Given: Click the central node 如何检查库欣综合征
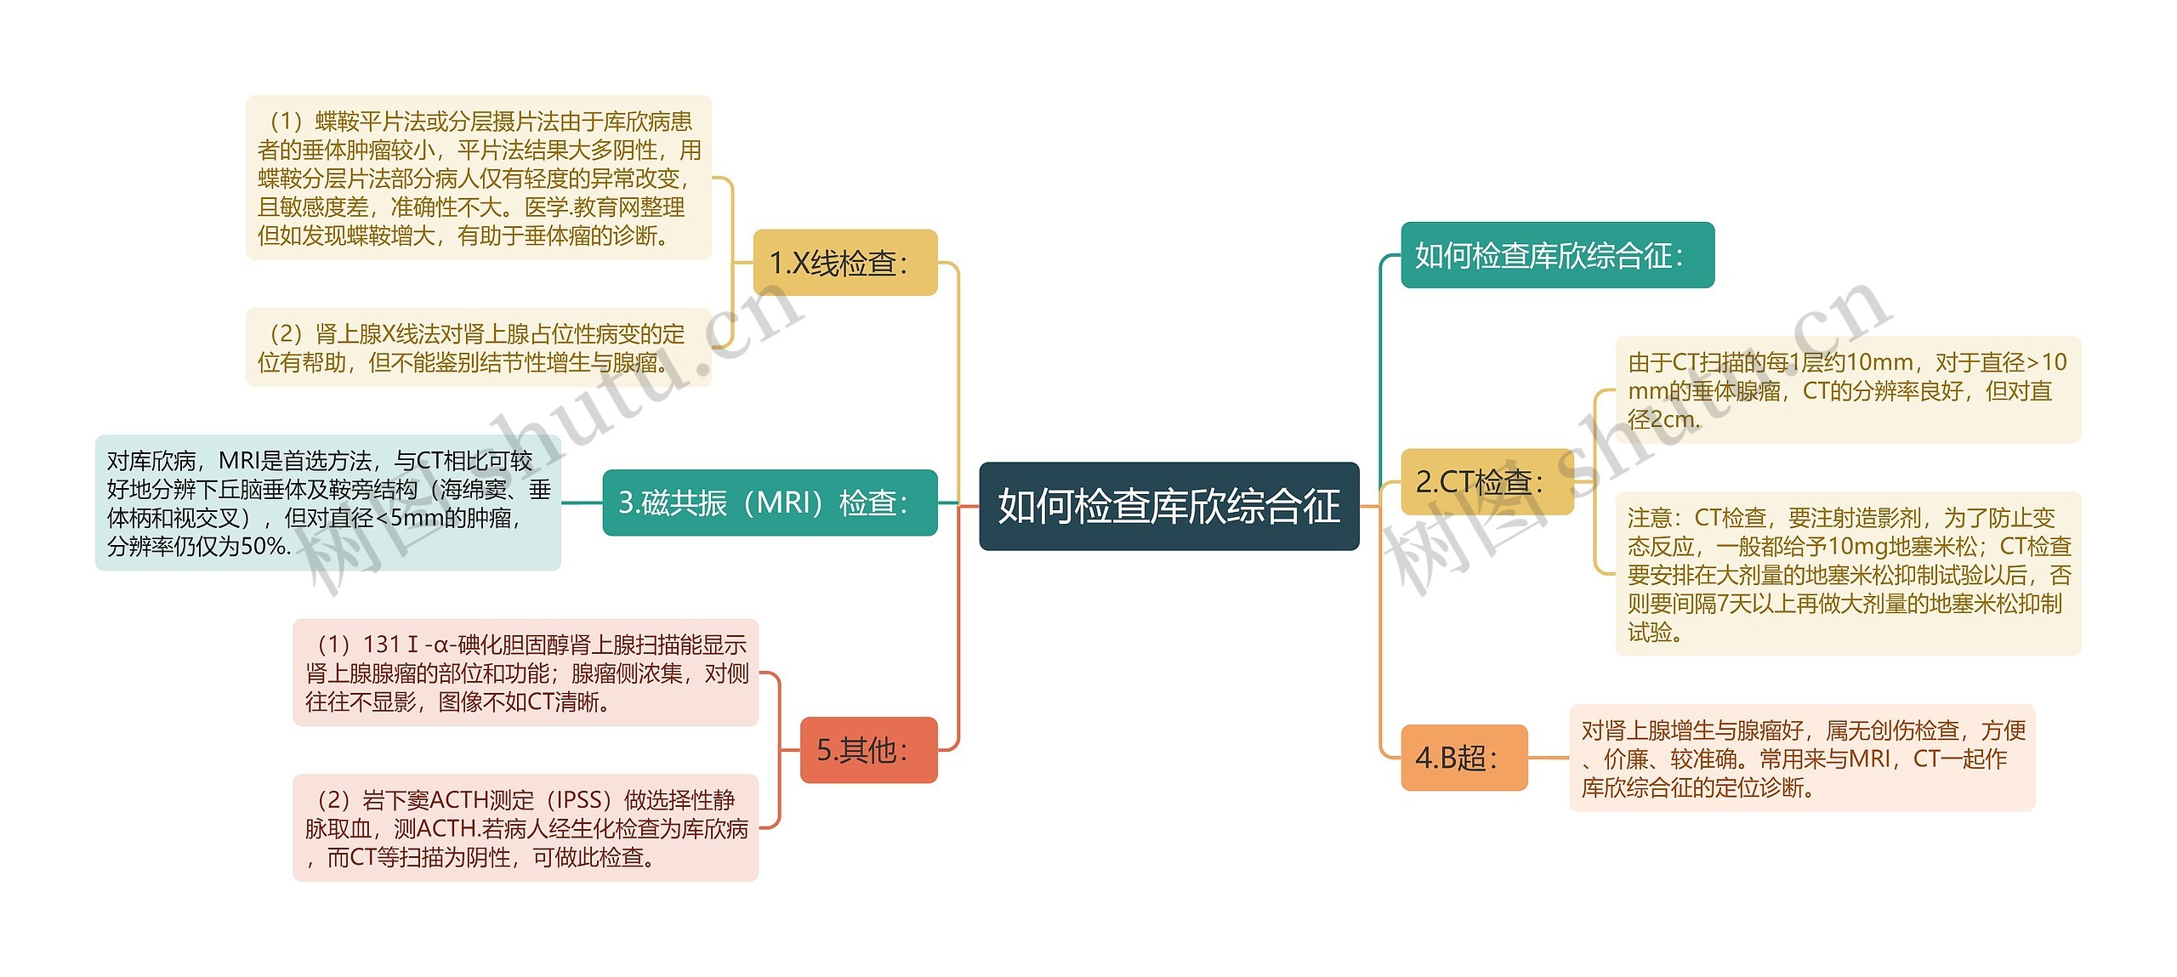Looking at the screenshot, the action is [1168, 506].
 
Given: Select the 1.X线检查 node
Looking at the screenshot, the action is [845, 263].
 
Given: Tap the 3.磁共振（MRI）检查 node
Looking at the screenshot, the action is [770, 503].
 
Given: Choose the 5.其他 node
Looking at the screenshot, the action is [868, 750].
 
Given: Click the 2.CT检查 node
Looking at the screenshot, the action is [1486, 482].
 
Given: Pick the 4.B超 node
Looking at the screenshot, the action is [1464, 758].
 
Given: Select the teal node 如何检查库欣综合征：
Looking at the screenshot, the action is [1556, 255].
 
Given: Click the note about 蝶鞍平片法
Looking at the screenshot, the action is [478, 178].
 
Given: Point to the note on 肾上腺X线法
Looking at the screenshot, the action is [478, 348].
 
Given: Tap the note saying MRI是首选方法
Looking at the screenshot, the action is [327, 503].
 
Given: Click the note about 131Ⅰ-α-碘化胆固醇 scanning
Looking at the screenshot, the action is [526, 673].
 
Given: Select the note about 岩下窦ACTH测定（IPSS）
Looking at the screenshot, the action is [526, 827].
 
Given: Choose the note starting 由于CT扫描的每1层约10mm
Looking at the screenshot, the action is [1847, 390].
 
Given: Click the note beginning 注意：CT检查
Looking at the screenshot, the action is [1847, 574].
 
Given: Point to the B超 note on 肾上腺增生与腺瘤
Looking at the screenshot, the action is [1801, 758].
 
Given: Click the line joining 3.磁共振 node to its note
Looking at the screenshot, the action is [582, 503].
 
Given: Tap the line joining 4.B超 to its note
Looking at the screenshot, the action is [1549, 758].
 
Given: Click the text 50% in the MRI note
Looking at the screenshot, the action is [264, 546].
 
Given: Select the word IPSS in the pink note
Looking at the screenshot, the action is [583, 800].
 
